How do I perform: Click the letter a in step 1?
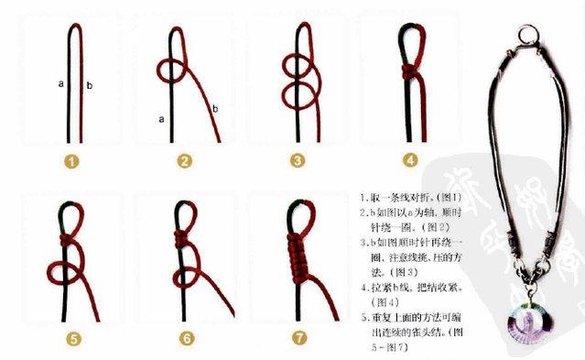click(60, 83)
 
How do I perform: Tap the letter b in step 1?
click(89, 86)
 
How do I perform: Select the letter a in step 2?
click(161, 118)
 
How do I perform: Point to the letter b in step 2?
click(215, 109)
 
